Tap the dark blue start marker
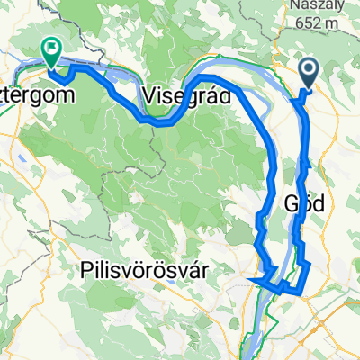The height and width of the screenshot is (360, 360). coord(308,74)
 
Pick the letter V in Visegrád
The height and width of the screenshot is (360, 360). coord(149,95)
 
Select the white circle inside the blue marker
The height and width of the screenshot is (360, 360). coord(308,69)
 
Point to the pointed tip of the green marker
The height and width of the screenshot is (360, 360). coord(51,66)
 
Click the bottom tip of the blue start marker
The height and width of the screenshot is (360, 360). coord(308,88)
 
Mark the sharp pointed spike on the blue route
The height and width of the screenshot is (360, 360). coord(248,281)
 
